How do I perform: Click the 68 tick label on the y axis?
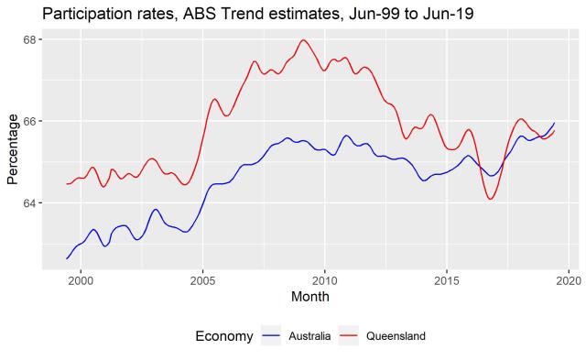point(29,40)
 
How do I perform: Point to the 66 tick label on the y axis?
point(29,121)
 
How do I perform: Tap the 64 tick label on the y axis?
point(29,202)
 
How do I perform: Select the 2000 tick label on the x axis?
point(81,278)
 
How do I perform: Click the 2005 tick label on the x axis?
point(202,278)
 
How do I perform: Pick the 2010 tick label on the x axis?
point(325,278)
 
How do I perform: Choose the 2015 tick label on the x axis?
point(447,278)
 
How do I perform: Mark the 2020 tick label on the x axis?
point(569,278)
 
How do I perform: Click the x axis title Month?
point(309,296)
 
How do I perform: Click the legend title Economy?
point(224,336)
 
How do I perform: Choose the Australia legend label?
point(309,336)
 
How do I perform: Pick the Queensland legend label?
point(396,336)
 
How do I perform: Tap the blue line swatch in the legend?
point(272,336)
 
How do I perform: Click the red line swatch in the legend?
point(350,336)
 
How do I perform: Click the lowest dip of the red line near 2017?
point(491,199)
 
